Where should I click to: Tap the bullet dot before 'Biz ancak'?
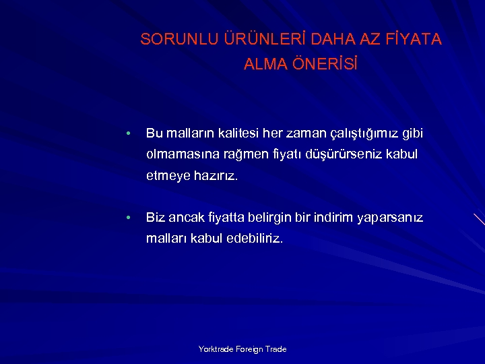pos(127,218)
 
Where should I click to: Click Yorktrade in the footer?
pos(214,349)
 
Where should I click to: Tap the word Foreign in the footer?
pos(248,349)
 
